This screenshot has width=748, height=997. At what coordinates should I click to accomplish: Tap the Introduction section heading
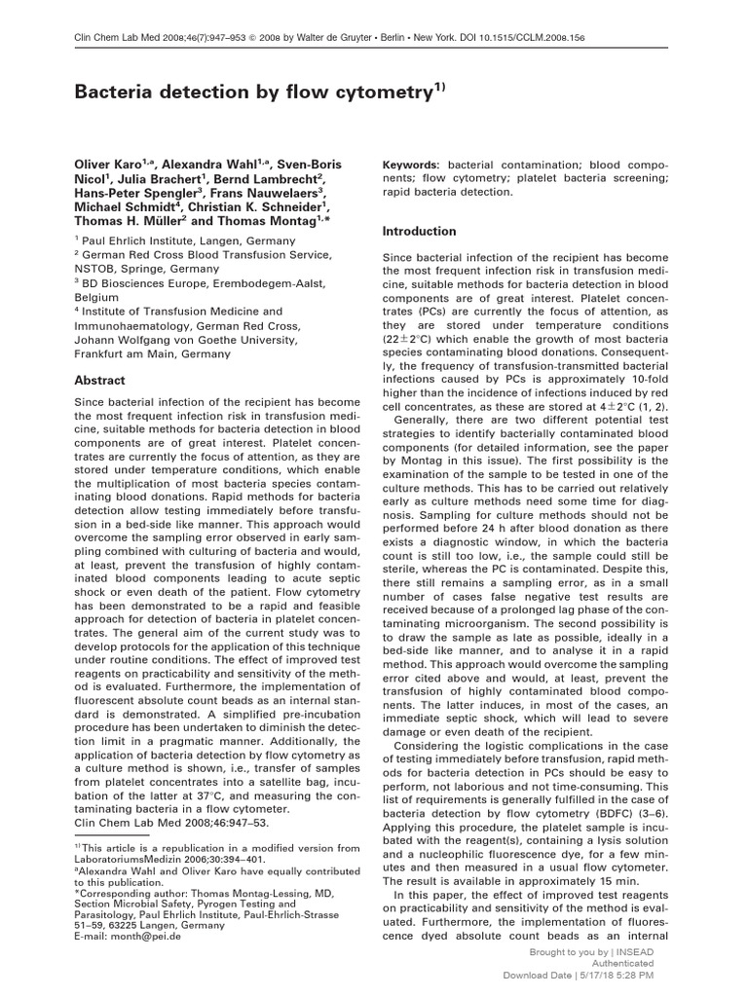click(419, 232)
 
